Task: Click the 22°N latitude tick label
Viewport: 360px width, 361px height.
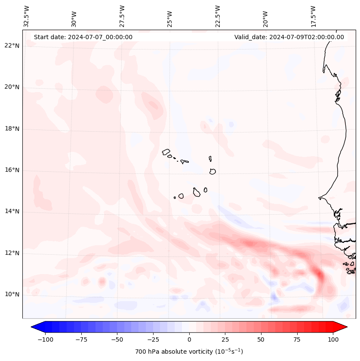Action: point(12,46)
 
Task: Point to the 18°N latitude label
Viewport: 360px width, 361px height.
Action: point(12,129)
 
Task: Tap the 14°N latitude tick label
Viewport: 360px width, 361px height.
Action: point(12,211)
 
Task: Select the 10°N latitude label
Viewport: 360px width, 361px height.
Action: point(12,294)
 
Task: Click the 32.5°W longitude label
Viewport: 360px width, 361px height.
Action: point(27,16)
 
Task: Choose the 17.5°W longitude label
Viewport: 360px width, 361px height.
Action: point(313,16)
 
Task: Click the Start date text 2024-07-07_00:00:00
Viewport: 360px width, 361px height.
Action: point(83,37)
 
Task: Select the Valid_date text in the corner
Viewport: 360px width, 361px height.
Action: point(289,37)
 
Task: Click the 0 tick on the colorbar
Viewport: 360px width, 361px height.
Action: point(189,339)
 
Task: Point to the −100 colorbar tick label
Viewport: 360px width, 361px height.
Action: point(45,339)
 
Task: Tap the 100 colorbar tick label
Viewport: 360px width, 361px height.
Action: point(332,339)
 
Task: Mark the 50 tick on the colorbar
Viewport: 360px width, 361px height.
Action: point(261,339)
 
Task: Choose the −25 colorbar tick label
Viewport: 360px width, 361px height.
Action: point(153,339)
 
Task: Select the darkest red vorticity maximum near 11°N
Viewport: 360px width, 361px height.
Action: point(319,274)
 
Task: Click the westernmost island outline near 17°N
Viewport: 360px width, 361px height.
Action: point(166,152)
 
